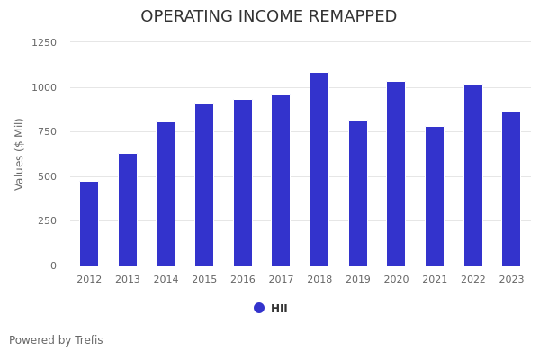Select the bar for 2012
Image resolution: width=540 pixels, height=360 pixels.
click(x=89, y=224)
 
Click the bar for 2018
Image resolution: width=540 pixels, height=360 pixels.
click(x=319, y=169)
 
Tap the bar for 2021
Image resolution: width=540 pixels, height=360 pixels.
click(x=435, y=196)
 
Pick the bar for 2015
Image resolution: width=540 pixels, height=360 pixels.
click(x=204, y=185)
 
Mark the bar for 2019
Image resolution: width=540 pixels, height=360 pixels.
click(x=358, y=193)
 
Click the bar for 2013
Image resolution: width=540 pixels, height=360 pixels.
click(x=128, y=210)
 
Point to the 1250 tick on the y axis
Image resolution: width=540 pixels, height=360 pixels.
click(x=44, y=42)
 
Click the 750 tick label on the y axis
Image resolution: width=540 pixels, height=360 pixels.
click(x=47, y=131)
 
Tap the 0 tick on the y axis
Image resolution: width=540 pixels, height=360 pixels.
click(x=53, y=265)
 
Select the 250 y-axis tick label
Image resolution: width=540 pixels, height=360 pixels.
click(x=47, y=220)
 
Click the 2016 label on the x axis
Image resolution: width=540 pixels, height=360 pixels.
click(x=243, y=280)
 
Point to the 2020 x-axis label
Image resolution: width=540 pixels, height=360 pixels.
click(x=396, y=280)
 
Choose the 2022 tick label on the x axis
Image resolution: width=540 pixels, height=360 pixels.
click(x=473, y=280)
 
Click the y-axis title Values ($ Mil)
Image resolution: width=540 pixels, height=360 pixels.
click(x=20, y=154)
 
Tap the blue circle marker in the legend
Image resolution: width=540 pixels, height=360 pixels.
click(x=259, y=308)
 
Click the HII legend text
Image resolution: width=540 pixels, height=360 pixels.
click(x=279, y=309)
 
